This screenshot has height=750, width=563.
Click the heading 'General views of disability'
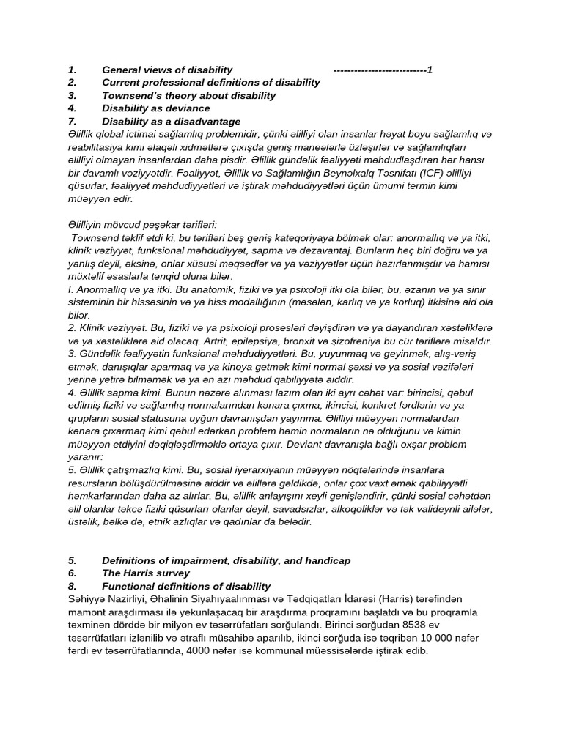pos(167,70)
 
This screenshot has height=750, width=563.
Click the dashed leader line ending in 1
pos(381,70)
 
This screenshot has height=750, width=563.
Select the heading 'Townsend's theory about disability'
pos(188,95)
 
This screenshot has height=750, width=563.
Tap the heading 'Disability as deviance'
pos(155,108)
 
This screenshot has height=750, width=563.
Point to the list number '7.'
pos(72,122)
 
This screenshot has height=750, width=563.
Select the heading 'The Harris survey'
pos(145,573)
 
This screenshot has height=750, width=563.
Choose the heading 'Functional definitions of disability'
pos(186,587)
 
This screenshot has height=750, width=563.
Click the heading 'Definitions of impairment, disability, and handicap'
pos(226,560)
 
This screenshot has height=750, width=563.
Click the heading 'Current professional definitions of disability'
pos(210,82)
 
